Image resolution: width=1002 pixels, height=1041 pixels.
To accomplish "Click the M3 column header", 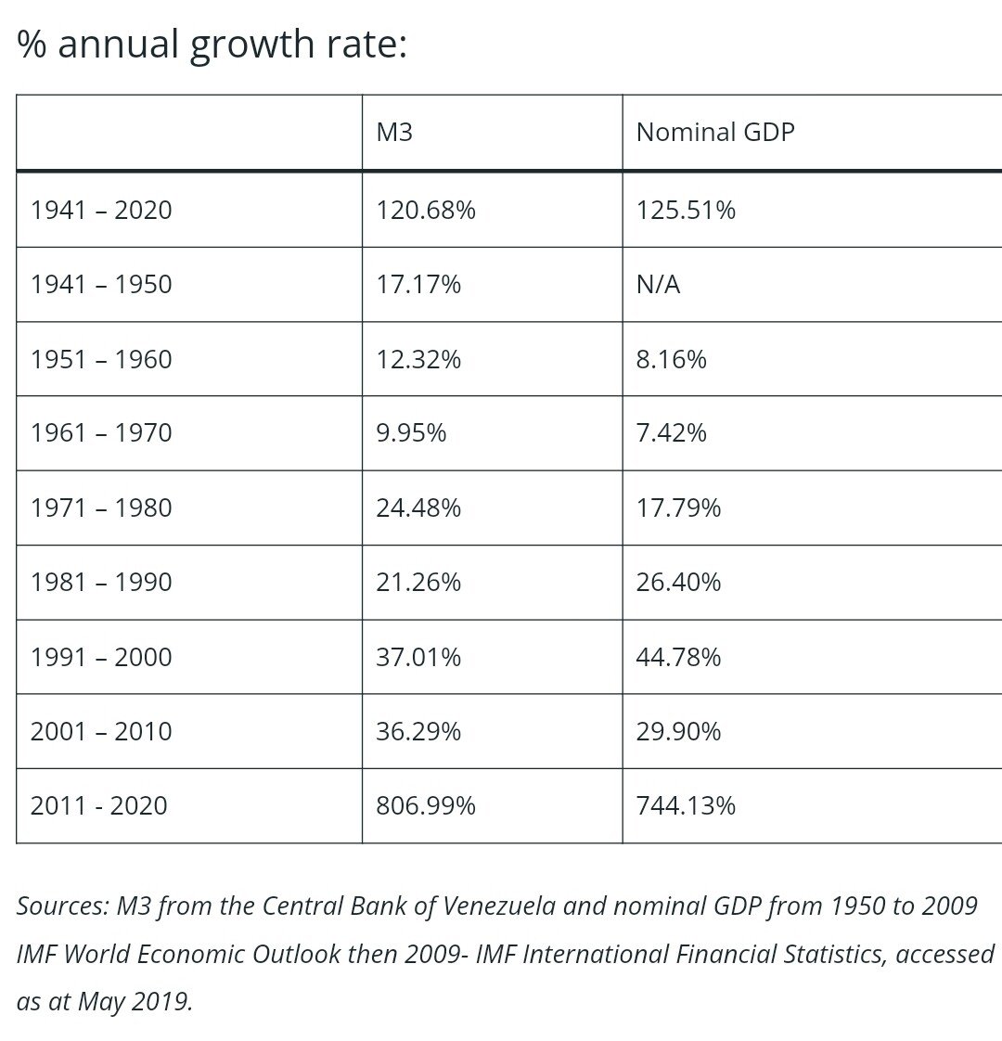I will coord(394,132).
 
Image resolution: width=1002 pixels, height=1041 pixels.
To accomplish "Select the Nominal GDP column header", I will coord(715,132).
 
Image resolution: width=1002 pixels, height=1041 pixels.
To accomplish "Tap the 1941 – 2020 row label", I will coord(101,210).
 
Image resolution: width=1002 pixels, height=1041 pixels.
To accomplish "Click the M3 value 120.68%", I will coord(426,210).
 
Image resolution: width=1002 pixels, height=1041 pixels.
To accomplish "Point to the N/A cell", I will coord(658,284).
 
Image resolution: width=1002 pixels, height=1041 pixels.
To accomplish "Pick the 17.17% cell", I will coord(418,284).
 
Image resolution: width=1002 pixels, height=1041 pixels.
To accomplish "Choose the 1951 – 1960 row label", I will coord(101,359).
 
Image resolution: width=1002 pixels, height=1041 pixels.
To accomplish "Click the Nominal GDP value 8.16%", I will coord(671,359).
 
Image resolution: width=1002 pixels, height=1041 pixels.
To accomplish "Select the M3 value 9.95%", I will coord(411,433).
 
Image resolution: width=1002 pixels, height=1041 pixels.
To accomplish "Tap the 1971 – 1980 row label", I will coord(101,508).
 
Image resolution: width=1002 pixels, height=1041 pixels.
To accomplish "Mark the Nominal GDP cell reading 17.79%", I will coord(678,508).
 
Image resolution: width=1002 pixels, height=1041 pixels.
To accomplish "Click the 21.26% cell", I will coord(418,582).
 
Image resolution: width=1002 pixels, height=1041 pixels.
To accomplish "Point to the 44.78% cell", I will coord(678,657).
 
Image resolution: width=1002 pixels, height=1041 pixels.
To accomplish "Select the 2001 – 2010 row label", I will coord(101,731).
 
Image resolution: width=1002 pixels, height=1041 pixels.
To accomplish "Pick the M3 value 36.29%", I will coord(418,731).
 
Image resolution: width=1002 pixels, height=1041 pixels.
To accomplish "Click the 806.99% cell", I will coord(426,805).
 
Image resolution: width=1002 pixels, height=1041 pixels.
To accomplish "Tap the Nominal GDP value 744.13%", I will coord(686,805).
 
